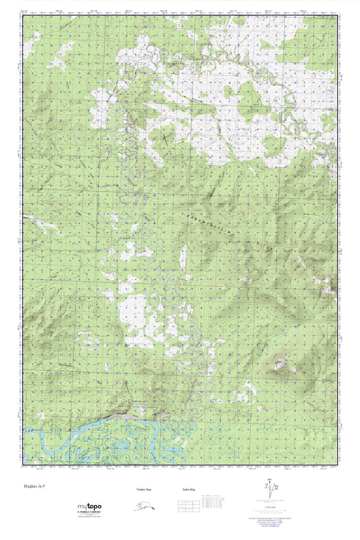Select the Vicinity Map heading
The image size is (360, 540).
coord(138,490)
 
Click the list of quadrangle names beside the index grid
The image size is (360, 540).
coord(215,503)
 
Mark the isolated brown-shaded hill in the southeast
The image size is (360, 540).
coord(279,365)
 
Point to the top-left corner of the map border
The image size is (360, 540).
coord(22,17)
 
